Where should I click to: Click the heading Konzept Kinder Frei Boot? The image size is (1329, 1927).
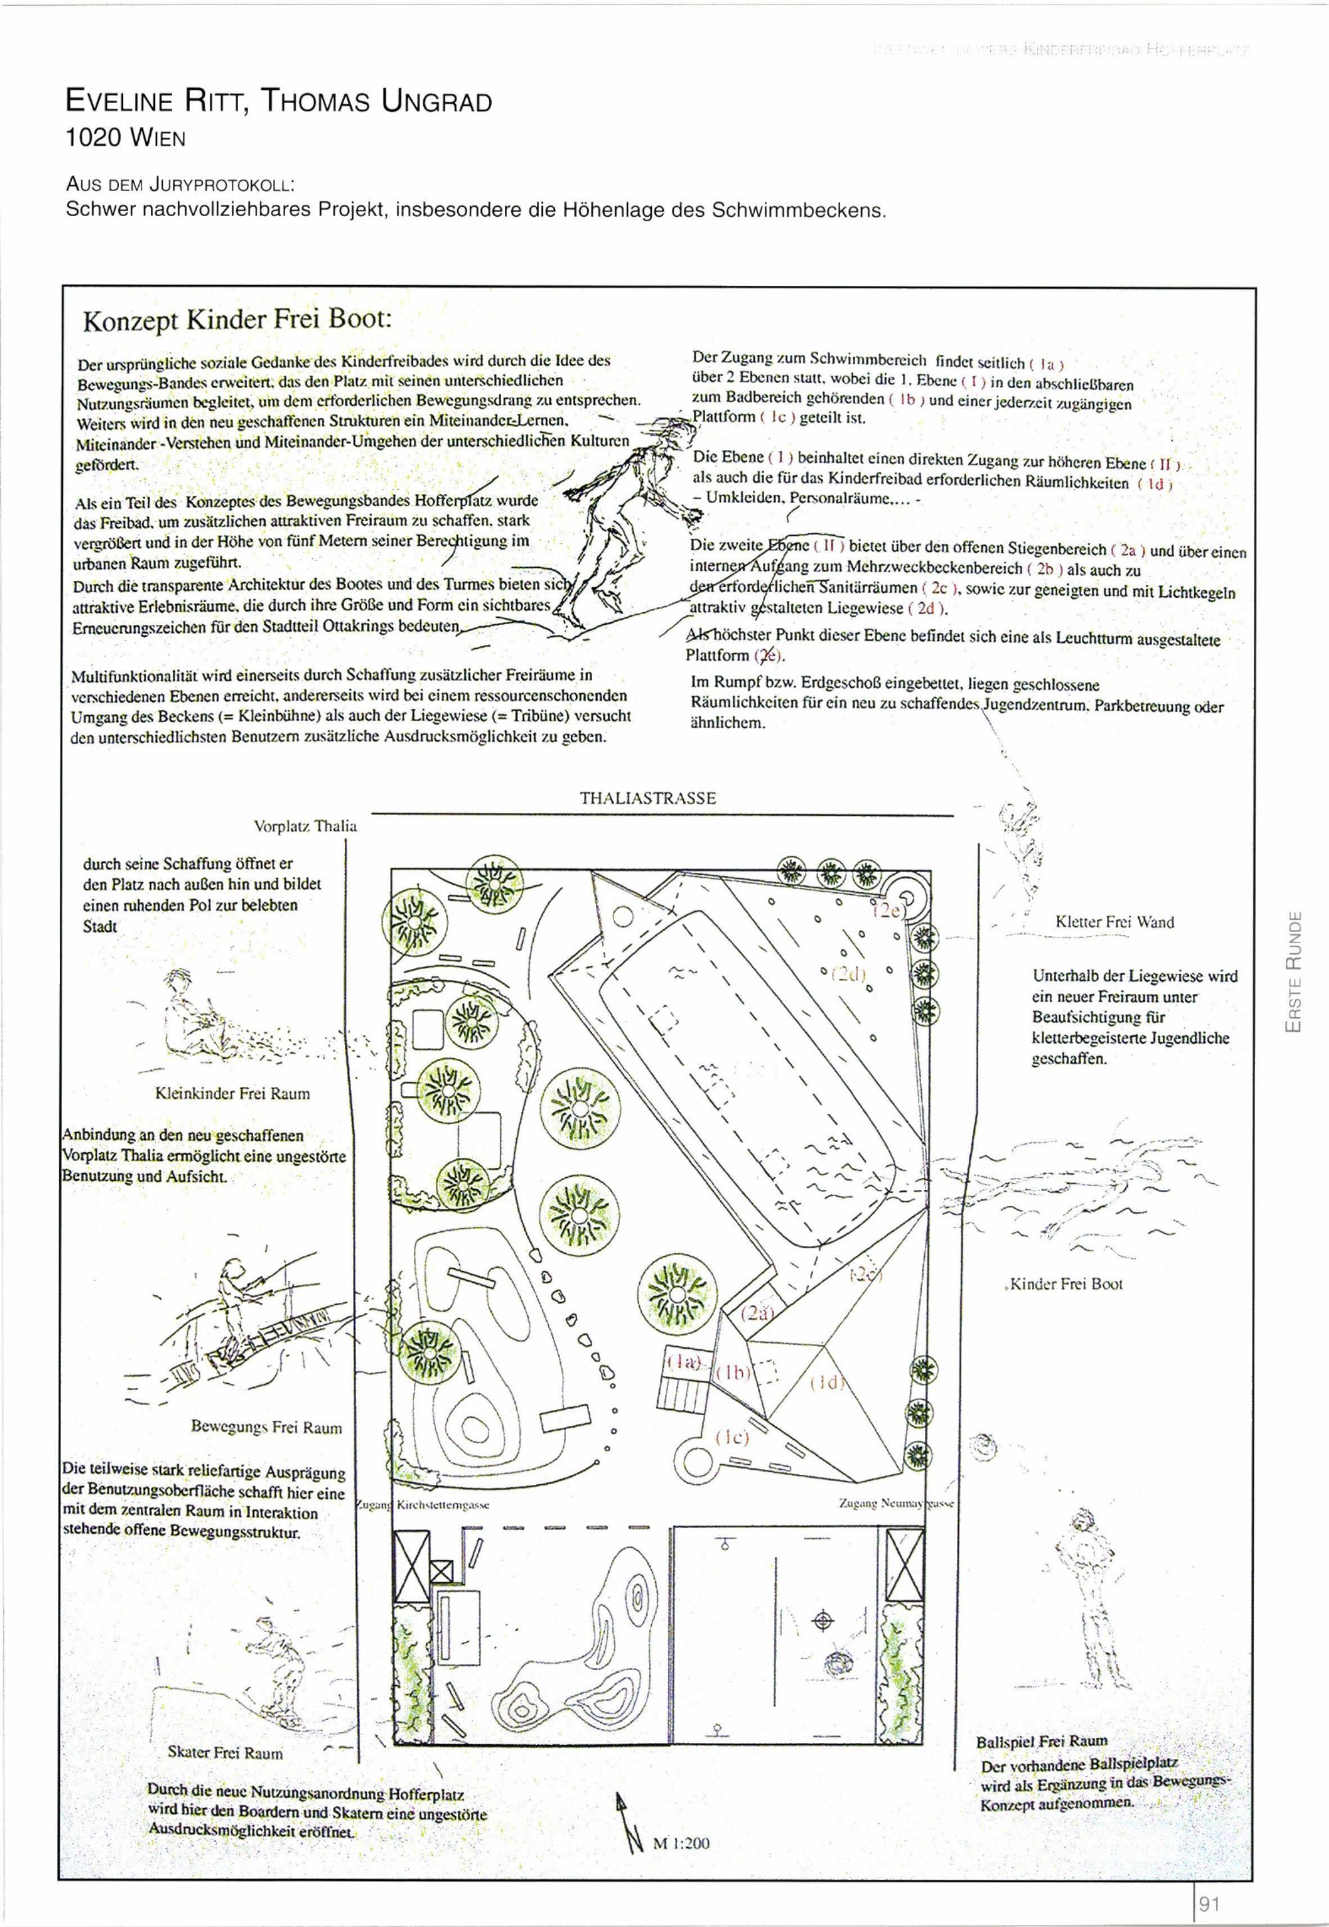tap(237, 322)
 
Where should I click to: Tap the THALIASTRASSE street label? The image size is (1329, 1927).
tap(647, 798)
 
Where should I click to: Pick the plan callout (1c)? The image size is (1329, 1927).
tap(732, 1436)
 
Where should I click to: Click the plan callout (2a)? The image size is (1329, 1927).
tap(757, 1313)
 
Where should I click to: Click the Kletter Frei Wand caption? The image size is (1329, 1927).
tap(1114, 922)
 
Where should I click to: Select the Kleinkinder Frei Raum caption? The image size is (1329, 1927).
tap(233, 1093)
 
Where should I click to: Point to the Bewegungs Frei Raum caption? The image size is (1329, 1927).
tap(266, 1427)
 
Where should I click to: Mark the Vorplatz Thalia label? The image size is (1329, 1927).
tap(305, 827)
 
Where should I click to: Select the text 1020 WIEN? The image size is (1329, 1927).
tap(125, 138)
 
